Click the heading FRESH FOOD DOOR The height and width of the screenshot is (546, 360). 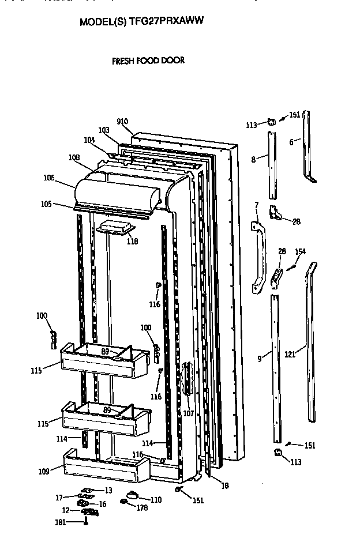point(148,60)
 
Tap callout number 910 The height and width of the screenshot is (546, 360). point(122,122)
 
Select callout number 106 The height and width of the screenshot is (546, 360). point(48,178)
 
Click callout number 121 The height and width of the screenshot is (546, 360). point(290,355)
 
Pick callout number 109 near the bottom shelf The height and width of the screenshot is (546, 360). point(44,471)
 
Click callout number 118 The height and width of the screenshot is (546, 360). point(132,242)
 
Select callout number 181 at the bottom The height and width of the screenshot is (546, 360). point(59,522)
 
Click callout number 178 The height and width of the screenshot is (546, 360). point(141,508)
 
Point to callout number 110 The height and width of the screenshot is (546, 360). point(156,499)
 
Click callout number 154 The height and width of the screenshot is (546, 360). point(300,251)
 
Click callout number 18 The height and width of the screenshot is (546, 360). point(224,486)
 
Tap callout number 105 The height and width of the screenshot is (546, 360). point(46,204)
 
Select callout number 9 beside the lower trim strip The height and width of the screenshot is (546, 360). point(260,359)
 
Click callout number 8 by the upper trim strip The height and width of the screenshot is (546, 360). point(253,160)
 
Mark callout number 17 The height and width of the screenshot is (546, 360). point(59,497)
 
